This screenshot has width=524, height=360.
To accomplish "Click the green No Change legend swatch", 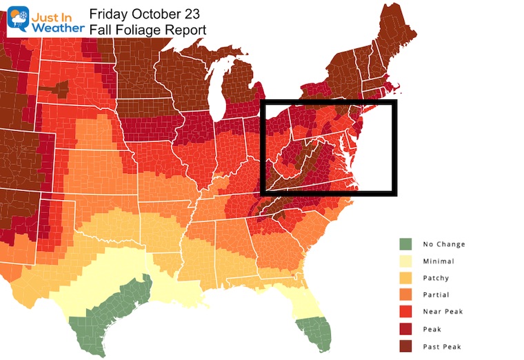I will click(x=407, y=244).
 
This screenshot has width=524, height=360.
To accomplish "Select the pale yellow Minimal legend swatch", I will click(x=407, y=261).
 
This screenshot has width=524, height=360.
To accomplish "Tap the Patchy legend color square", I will click(x=407, y=278).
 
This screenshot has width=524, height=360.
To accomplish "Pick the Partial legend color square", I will click(x=407, y=294).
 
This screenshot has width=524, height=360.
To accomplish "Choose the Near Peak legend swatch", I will click(x=407, y=312).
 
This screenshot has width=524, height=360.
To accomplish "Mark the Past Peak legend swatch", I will click(x=407, y=346).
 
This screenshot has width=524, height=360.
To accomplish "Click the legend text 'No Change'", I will click(x=444, y=244).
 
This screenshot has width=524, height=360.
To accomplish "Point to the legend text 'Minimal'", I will click(x=439, y=261).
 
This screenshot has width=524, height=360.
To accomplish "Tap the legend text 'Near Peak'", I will click(x=443, y=312).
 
